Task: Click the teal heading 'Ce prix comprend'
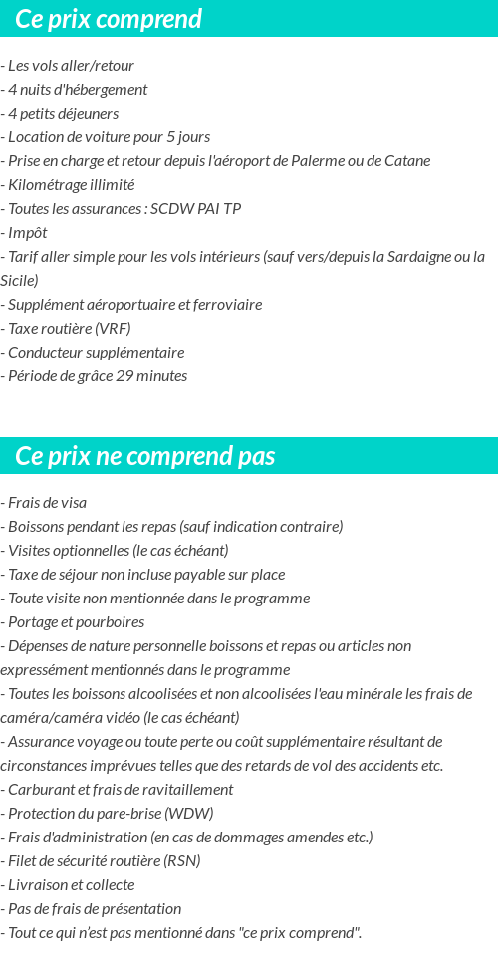(109, 19)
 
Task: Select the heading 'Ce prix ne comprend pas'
(145, 456)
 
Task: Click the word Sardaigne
(424, 257)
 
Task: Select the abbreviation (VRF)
(113, 329)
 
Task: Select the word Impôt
(28, 233)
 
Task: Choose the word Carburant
(39, 790)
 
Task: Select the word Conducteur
(45, 353)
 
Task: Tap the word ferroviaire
(225, 305)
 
